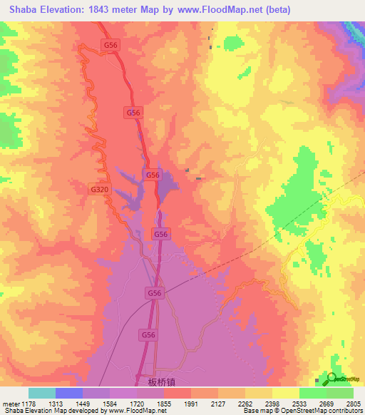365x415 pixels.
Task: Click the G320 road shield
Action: pos(100,190)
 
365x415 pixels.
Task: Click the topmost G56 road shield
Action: pos(110,44)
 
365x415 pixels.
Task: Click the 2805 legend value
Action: pos(353,404)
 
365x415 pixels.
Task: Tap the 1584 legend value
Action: pos(110,404)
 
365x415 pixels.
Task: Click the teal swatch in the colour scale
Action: pos(42,393)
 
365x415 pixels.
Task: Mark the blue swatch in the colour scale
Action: pos(69,393)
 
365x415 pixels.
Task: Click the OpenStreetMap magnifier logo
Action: pos(331,378)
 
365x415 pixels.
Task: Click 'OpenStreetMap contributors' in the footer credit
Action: pos(325,411)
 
